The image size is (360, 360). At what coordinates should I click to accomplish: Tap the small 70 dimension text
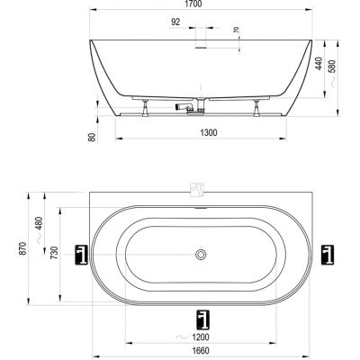point(235,32)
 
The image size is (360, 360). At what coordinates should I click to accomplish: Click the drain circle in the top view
point(199,256)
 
